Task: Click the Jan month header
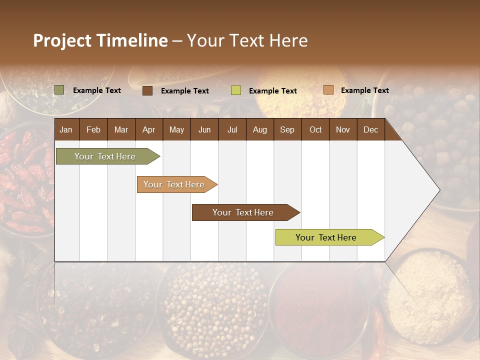(x=66, y=129)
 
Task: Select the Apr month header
(x=148, y=129)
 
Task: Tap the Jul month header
(x=232, y=129)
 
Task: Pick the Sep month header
(x=287, y=129)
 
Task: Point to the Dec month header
(x=370, y=129)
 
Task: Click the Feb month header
(x=93, y=129)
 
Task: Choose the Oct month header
(x=315, y=129)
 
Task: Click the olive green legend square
(x=59, y=90)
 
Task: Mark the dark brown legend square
(x=147, y=90)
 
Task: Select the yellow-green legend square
(x=236, y=90)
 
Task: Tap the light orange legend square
(x=328, y=90)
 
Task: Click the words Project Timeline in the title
(x=100, y=40)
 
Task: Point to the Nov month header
(x=343, y=129)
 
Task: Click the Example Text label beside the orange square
(x=364, y=90)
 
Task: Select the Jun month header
(x=204, y=129)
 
